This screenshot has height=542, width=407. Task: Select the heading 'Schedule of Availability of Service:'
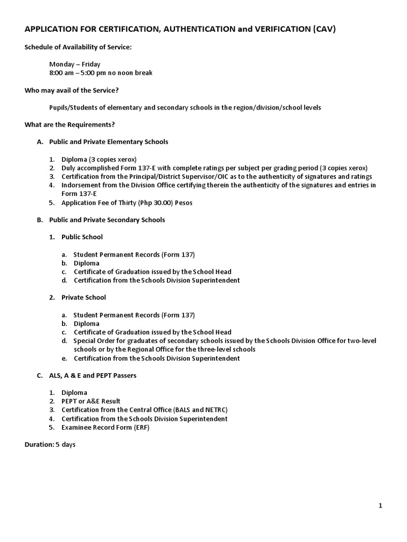78,47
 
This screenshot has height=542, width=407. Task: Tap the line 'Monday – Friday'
75,64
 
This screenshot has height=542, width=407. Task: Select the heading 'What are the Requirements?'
69,124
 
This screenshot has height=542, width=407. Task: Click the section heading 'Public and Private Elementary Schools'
109,142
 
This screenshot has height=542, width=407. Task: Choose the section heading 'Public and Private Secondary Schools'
107,220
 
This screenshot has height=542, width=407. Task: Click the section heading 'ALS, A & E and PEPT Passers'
93,375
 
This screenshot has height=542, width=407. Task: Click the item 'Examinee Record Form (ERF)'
105,427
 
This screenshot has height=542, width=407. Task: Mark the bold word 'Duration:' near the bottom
39,445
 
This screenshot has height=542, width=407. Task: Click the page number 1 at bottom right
380,505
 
